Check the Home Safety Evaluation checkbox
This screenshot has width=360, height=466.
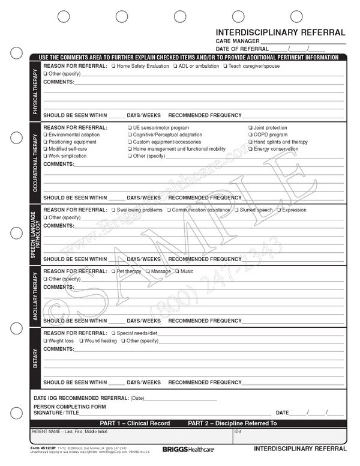pos(113,65)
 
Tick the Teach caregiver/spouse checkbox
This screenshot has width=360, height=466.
pos(224,65)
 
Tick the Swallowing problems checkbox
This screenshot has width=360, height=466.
pos(113,210)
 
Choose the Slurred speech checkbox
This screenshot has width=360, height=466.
pos(236,210)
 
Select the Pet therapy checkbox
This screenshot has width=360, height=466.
pos(113,271)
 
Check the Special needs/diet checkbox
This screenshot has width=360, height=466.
pos(113,333)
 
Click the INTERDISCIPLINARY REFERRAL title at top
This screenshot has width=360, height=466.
pos(280,32)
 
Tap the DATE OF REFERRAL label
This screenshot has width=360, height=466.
pos(242,49)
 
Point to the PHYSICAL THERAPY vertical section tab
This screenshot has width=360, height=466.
pos(35,91)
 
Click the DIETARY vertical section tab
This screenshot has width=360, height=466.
pos(35,357)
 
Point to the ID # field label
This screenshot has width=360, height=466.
pos(238,432)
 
